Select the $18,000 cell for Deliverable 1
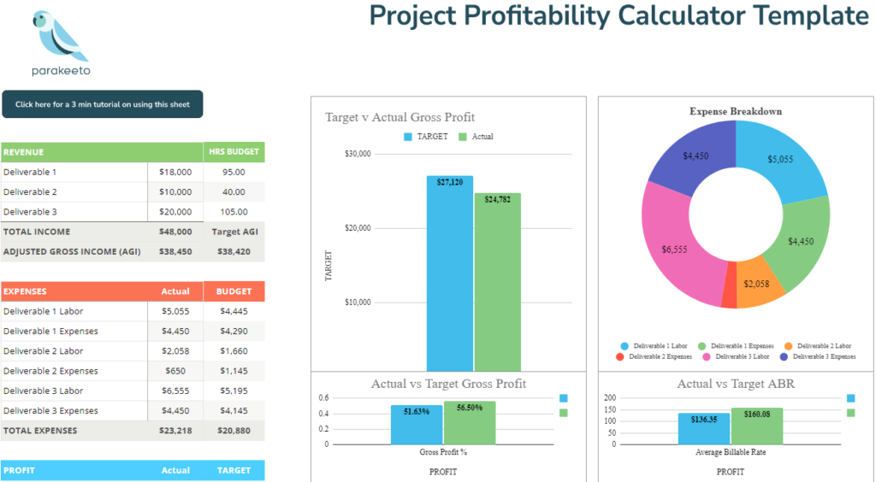pos(175,172)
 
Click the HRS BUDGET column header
pos(234,152)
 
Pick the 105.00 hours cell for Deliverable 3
pos(234,212)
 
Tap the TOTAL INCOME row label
pos(37,232)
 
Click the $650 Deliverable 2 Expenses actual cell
pos(175,371)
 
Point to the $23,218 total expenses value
pos(175,431)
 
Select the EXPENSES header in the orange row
pos(26,291)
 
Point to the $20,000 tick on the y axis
pos(358,228)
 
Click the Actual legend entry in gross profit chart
pos(476,137)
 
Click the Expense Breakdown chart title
pos(735,111)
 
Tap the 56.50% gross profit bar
pos(470,423)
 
